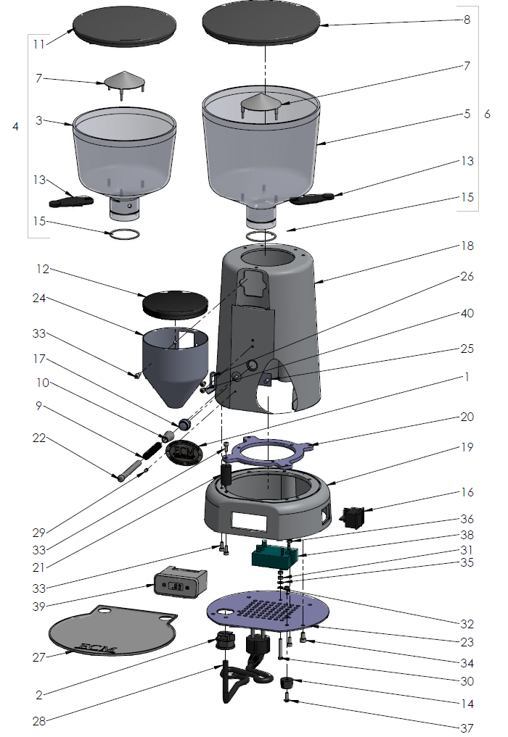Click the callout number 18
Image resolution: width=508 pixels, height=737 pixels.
click(x=467, y=246)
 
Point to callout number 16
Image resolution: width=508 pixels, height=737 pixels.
click(x=467, y=492)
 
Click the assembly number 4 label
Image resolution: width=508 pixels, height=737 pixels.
click(x=16, y=126)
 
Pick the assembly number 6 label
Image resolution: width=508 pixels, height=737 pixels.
click(x=487, y=114)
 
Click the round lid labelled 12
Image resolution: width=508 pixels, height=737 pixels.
click(x=175, y=301)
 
